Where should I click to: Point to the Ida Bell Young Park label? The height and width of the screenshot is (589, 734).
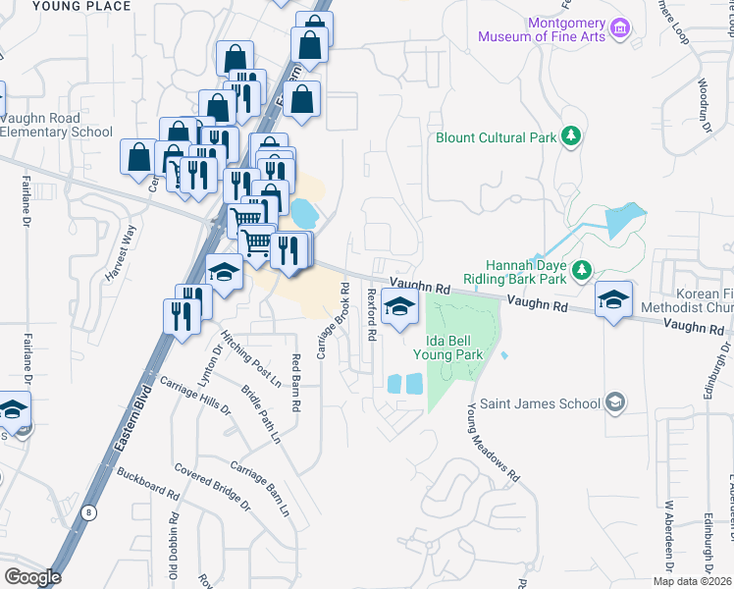pyautogui.click(x=448, y=347)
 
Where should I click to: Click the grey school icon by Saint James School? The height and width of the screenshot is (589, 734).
pyautogui.click(x=615, y=402)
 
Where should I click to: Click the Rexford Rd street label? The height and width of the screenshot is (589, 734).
pyautogui.click(x=372, y=314)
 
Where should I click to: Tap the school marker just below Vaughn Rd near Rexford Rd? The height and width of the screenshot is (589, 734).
pyautogui.click(x=399, y=309)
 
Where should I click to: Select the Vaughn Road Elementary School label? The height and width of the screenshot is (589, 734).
pyautogui.click(x=56, y=125)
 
